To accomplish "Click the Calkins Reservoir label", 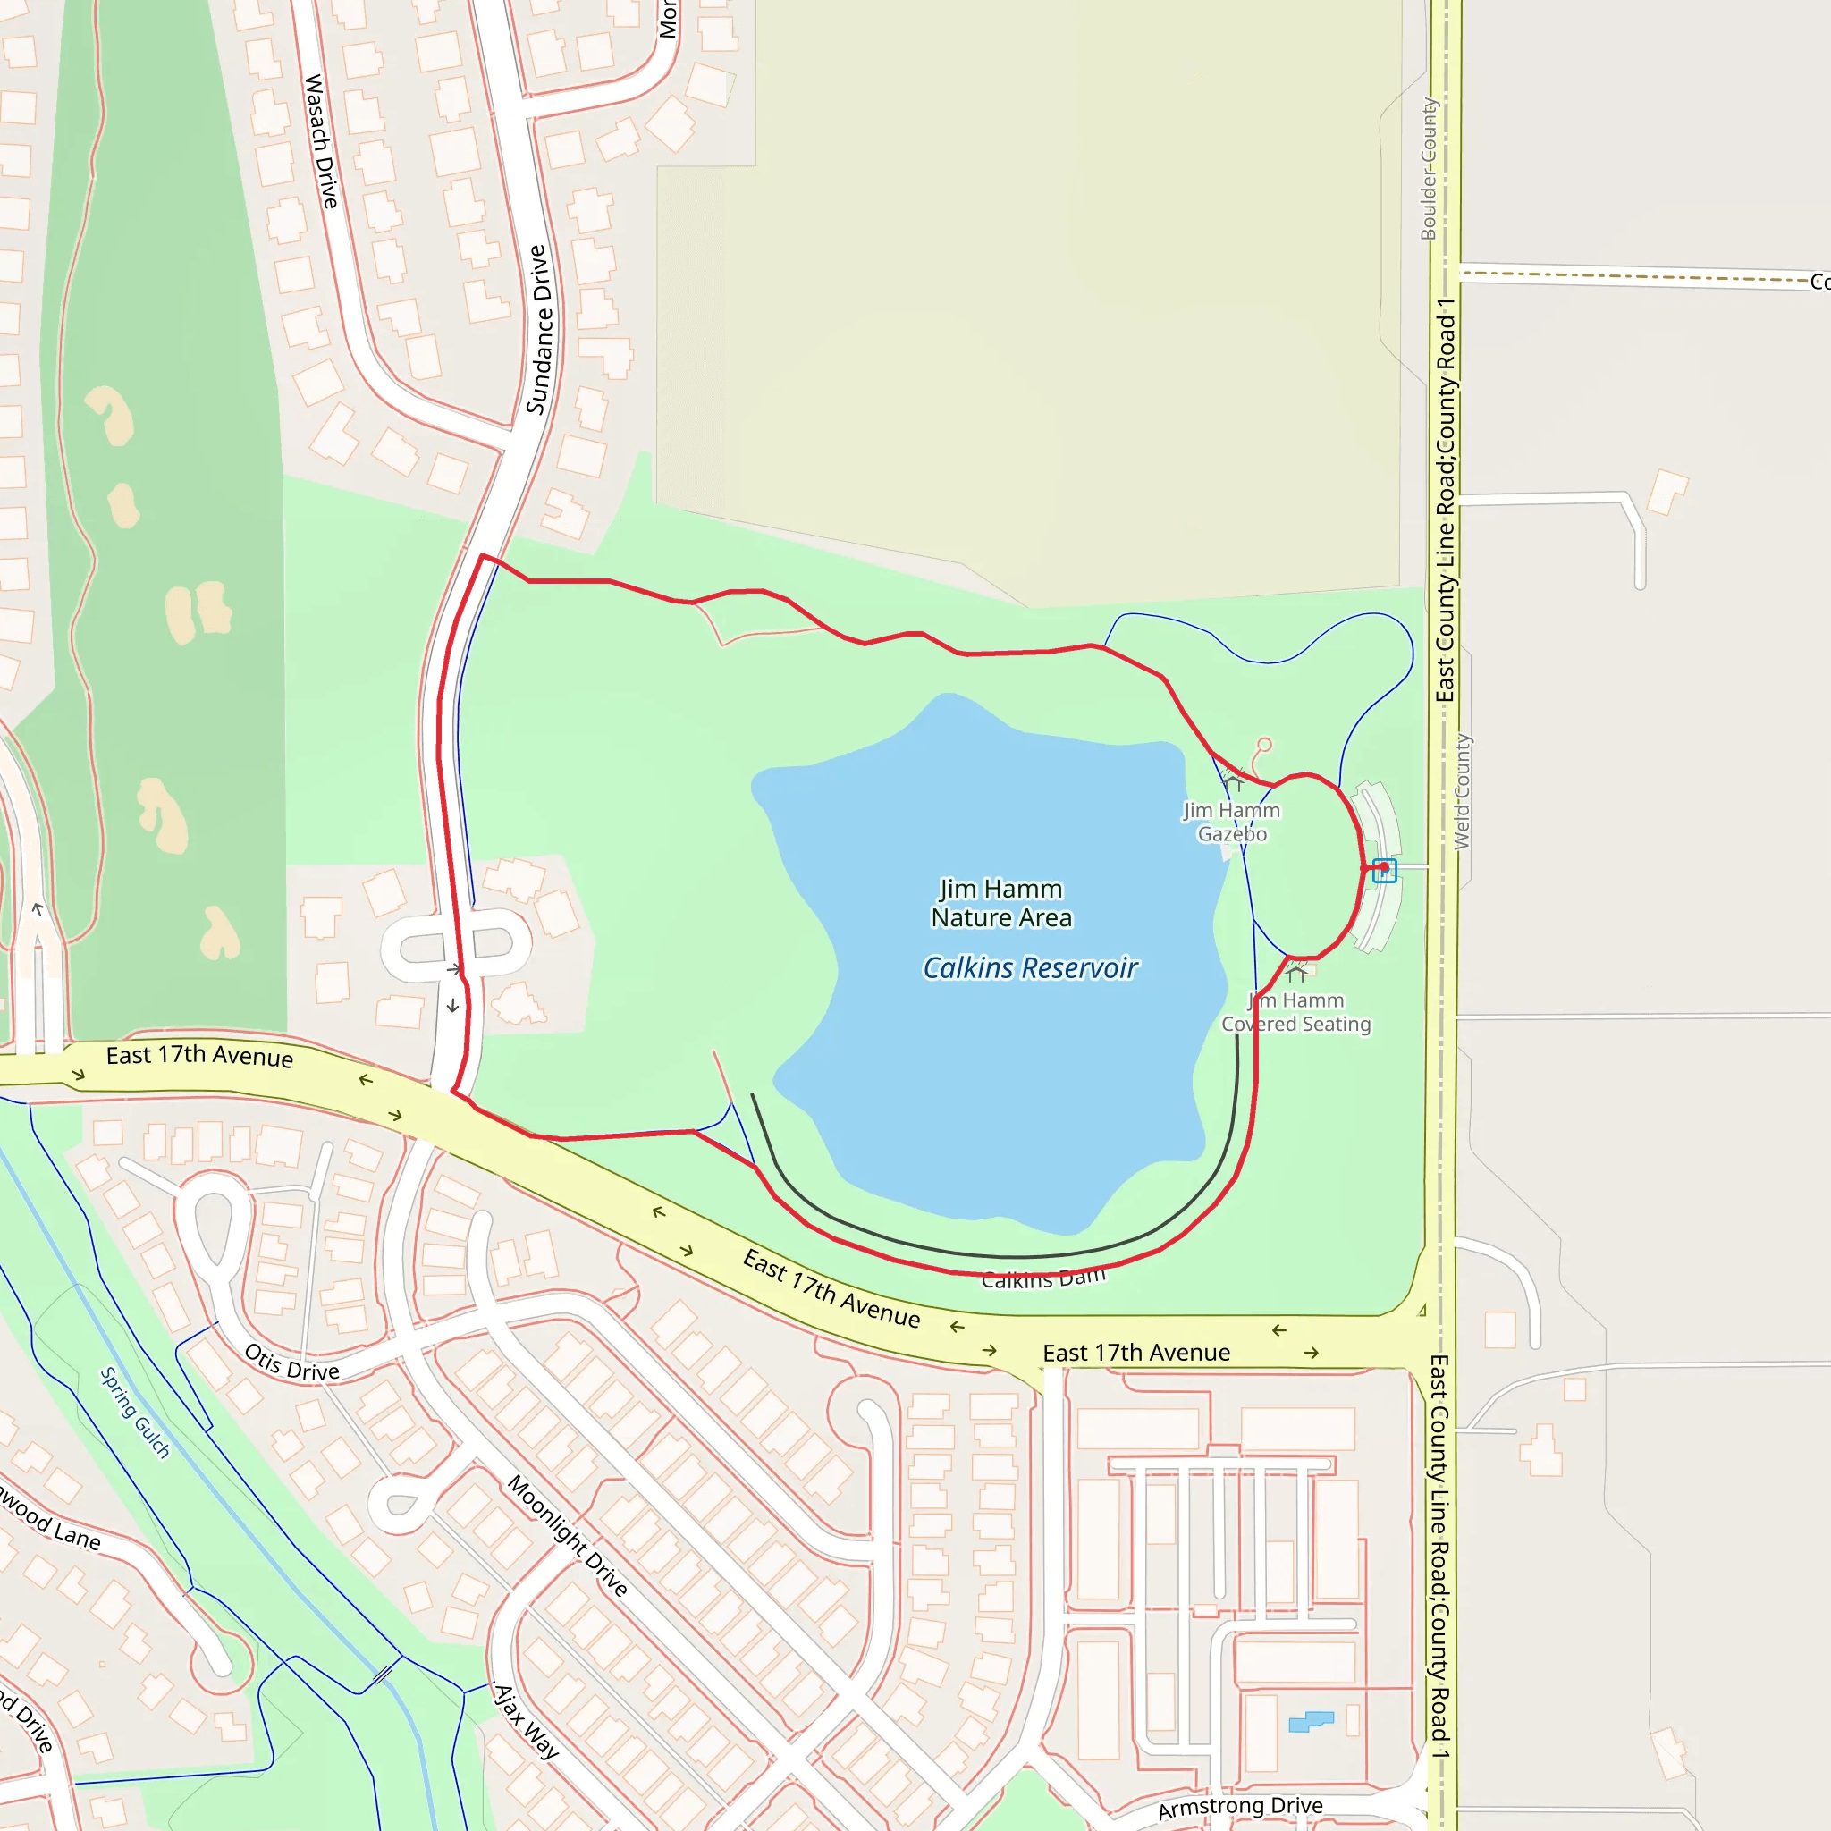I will pos(1030,967).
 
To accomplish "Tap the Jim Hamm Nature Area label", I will pos(1000,903).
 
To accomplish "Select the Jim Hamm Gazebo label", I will pos(1231,822).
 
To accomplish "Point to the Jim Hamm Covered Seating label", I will pos(1295,1012).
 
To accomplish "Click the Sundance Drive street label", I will pos(538,330).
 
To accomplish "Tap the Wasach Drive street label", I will pos(320,141).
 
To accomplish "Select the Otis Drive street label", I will pos(291,1363).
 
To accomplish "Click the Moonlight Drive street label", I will pos(568,1535).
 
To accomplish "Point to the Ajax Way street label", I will pos(527,1721).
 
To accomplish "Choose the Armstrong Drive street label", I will pos(1240,1807).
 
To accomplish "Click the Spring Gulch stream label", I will pos(136,1412).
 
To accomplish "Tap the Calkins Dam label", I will pos(1043,1278).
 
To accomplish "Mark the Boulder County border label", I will pos(1428,169).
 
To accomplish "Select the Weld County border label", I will pos(1463,791).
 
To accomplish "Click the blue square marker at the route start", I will pos(1385,870).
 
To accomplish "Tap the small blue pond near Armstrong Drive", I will pos(1311,1721).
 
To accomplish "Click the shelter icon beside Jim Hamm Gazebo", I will pos(1234,783).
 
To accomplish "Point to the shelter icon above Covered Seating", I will pos(1296,973).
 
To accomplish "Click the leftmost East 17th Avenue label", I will pos(199,1056).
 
